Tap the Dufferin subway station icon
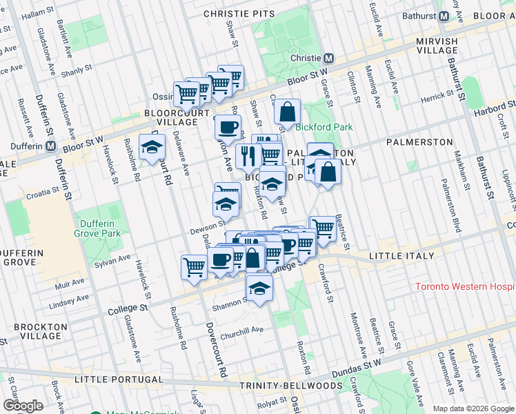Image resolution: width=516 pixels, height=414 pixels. (x=50, y=146)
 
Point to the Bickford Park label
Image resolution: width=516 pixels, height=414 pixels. (x=324, y=127)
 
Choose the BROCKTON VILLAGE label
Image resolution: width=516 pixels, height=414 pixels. (x=34, y=332)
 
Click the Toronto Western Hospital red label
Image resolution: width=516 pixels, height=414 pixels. (x=465, y=286)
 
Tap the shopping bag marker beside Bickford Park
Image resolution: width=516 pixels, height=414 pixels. (x=287, y=111)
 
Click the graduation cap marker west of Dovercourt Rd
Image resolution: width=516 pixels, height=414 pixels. (x=152, y=146)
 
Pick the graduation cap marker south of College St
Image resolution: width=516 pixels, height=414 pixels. (x=259, y=286)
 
